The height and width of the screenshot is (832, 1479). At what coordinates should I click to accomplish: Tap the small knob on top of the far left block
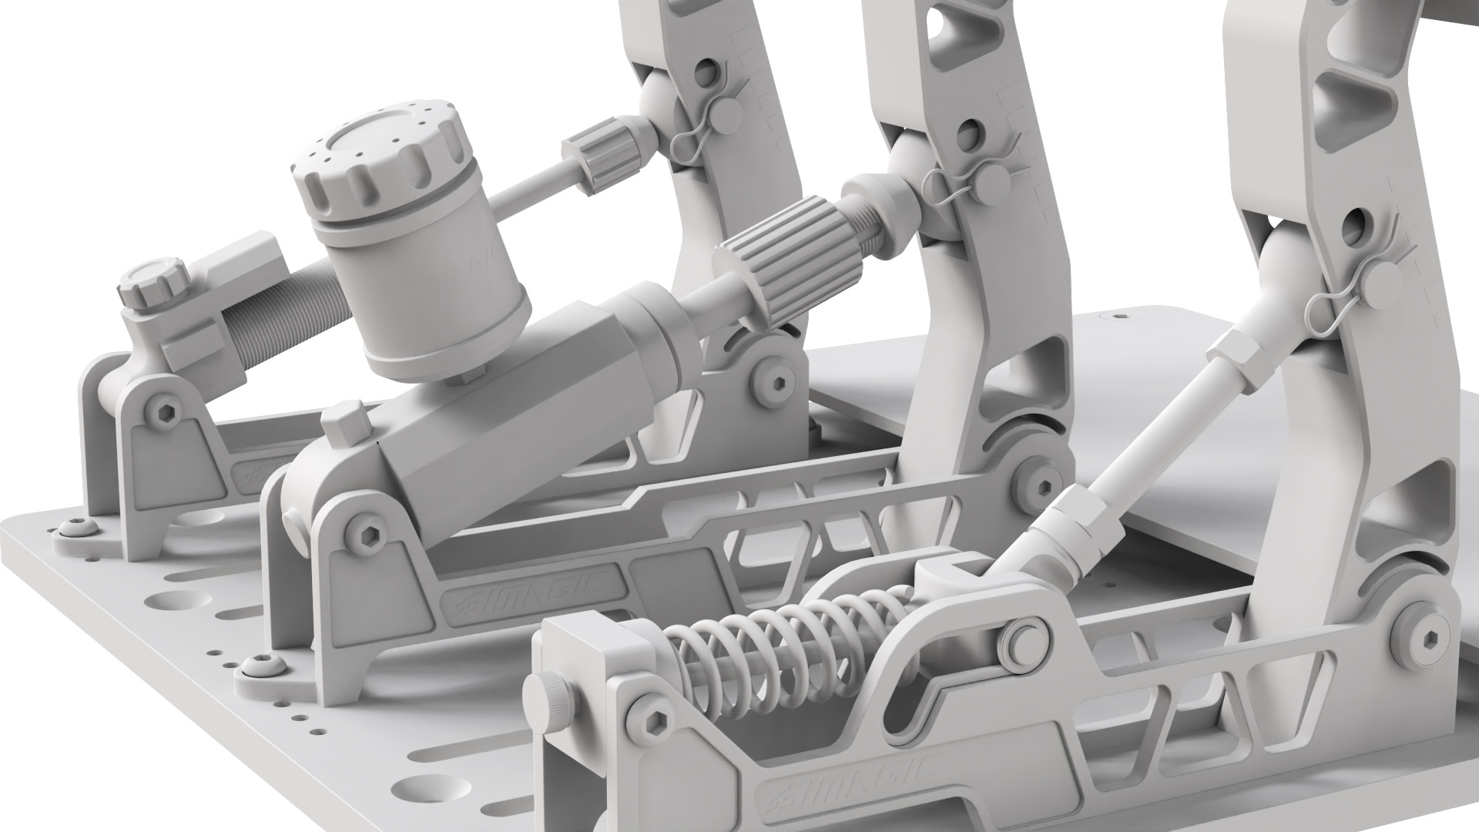pos(152,285)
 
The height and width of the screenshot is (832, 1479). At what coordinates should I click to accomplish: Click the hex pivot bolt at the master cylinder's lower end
pos(362,531)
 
